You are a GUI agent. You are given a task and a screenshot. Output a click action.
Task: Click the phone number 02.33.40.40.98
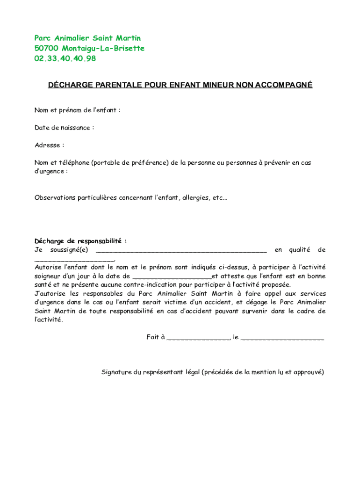[65, 58]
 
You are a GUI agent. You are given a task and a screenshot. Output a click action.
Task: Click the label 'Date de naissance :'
[64, 128]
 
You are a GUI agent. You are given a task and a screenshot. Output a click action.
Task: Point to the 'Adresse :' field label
[49, 145]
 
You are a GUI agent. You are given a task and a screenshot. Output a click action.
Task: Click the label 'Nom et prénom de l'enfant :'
[78, 110]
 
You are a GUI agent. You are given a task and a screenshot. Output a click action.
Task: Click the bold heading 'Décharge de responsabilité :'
[80, 241]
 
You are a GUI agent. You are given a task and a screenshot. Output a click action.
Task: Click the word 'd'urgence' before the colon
[49, 171]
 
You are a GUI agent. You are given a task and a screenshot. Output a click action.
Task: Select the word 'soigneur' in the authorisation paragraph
[47, 276]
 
